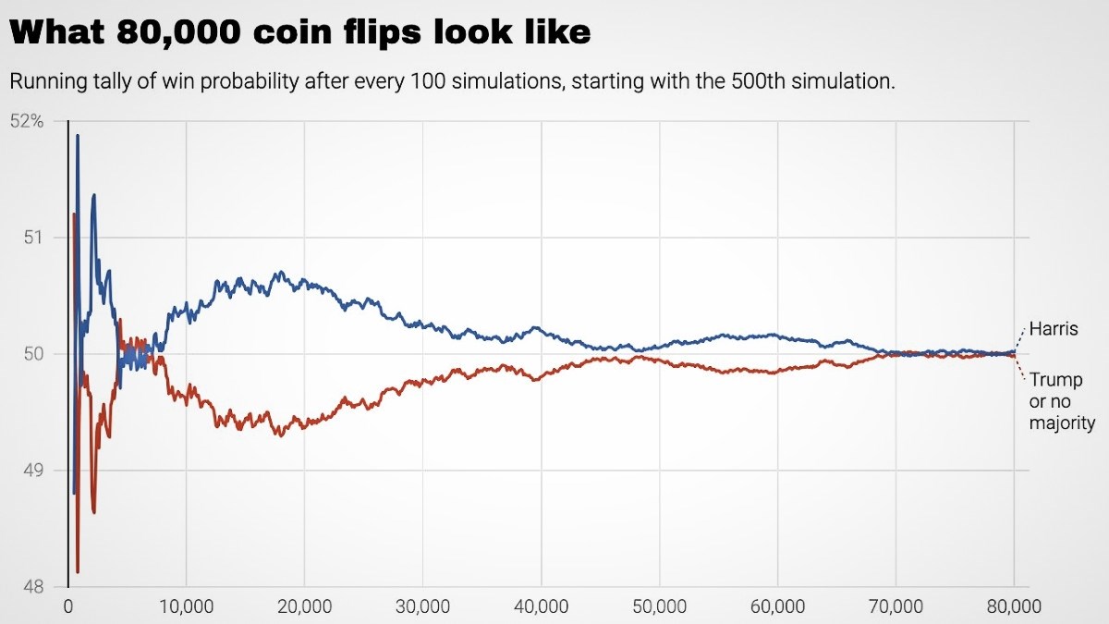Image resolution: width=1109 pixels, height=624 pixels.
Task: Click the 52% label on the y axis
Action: click(x=27, y=121)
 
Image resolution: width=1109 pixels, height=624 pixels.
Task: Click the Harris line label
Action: click(x=1054, y=330)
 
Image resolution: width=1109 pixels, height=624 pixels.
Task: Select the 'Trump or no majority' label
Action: click(x=1062, y=401)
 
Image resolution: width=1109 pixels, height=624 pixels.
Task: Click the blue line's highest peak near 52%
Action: click(x=78, y=137)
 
